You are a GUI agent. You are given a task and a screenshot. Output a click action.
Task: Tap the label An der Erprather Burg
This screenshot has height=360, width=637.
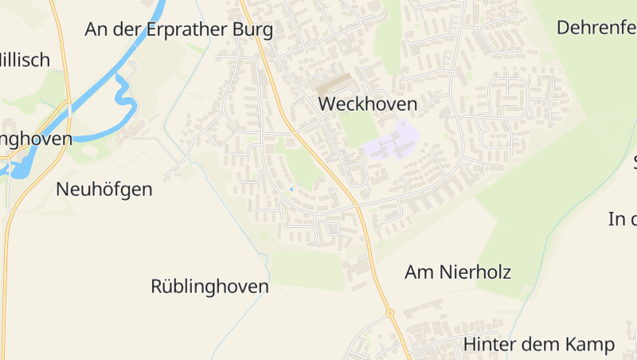coord(178,30)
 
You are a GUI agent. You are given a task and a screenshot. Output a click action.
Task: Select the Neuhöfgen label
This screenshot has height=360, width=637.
coord(104,190)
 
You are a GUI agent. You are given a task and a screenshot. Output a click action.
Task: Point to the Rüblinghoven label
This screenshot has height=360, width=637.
coord(209,287)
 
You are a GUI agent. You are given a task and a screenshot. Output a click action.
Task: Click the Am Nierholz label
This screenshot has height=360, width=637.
coord(458,272)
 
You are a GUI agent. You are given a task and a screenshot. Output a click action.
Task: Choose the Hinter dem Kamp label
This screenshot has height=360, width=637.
coord(539,345)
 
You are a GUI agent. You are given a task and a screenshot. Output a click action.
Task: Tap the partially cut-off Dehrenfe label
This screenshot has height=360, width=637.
coord(596,28)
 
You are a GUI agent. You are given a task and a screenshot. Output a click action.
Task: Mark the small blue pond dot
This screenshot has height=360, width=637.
coord(291,189)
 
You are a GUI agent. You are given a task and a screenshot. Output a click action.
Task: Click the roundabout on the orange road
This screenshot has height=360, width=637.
coord(390,313)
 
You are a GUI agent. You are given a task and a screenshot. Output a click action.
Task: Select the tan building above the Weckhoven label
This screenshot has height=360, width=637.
coord(334,83)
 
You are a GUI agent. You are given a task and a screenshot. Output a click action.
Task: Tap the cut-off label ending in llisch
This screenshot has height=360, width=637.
coord(24,60)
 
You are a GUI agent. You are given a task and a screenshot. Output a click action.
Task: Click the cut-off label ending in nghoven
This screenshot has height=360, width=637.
coord(36,139)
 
